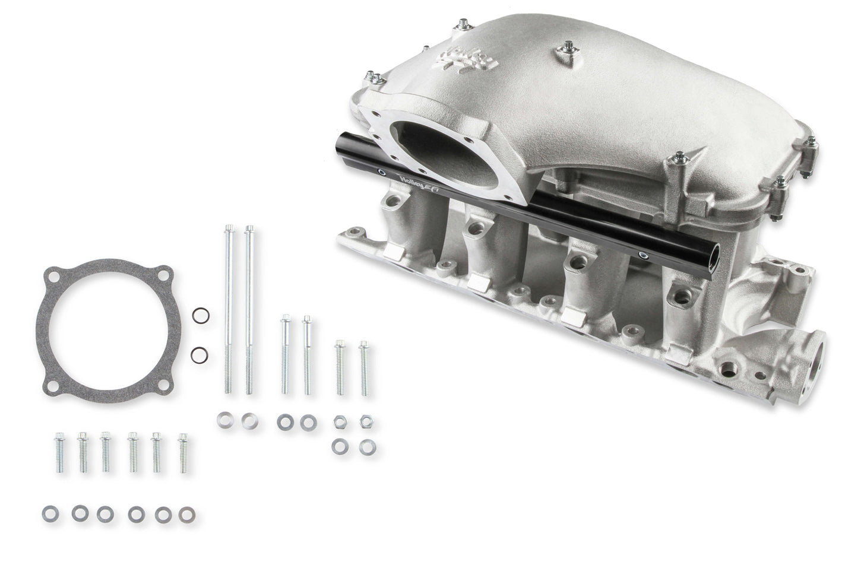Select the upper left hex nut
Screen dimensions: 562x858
pos(340,421)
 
